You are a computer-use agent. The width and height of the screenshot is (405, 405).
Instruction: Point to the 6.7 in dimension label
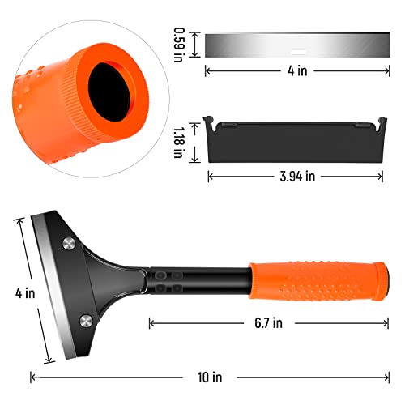[x=264, y=323]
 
